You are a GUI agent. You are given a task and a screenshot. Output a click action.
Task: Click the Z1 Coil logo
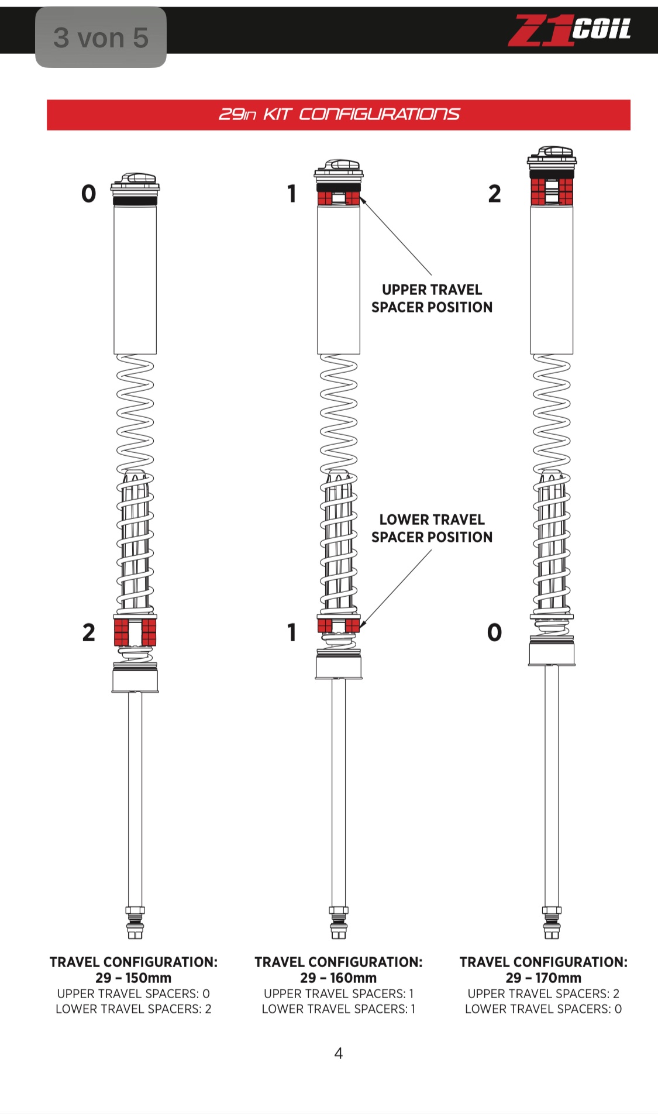[x=569, y=30]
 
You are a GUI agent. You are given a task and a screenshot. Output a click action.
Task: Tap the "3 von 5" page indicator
[x=101, y=38]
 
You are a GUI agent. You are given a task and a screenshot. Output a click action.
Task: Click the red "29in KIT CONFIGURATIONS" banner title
[x=339, y=115]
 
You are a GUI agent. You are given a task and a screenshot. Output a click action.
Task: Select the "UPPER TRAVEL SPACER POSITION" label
[x=432, y=298]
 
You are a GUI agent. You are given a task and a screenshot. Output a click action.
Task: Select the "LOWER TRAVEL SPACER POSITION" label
[x=432, y=528]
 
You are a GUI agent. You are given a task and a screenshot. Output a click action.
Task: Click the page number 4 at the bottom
[x=338, y=1054]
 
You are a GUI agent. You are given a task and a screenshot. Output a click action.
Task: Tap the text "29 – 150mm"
[x=133, y=978]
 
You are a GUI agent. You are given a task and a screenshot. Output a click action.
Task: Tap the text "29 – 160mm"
[x=339, y=978]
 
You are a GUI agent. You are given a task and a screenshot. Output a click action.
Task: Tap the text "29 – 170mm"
[x=543, y=978]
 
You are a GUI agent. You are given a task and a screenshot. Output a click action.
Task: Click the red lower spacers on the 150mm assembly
[x=135, y=632]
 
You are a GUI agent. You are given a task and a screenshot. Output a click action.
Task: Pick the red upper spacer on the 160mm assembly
[x=339, y=198]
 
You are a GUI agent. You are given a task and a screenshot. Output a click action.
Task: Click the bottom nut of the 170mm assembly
[x=552, y=922]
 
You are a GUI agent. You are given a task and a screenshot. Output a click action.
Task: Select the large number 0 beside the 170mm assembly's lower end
[x=494, y=632]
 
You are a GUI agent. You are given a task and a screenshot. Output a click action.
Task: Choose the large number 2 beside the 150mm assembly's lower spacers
[x=88, y=632]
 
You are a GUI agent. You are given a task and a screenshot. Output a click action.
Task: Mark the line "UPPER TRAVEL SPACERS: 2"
[x=543, y=993]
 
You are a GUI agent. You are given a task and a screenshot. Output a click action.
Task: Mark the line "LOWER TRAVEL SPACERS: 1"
[x=339, y=1009]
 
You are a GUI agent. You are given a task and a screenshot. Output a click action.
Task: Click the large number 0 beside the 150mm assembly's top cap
[x=88, y=193]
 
